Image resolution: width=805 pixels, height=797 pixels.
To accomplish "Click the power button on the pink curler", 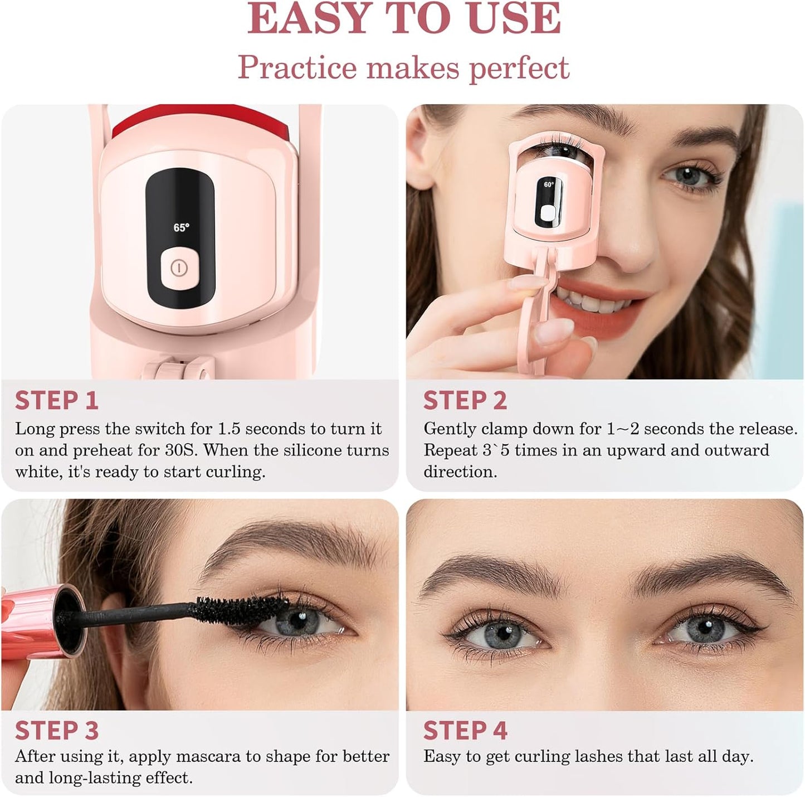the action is [x=179, y=268].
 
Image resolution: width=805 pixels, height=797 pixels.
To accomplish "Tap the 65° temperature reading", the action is [x=181, y=228].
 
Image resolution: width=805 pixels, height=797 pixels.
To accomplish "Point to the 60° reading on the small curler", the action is [x=549, y=184].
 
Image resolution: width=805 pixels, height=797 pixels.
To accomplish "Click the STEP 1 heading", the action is [x=57, y=400].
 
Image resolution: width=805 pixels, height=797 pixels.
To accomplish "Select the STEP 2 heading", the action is [x=465, y=400].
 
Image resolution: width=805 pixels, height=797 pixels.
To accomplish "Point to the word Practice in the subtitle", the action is [x=297, y=67].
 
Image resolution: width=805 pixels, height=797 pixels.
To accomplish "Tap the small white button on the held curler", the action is [x=549, y=213].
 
